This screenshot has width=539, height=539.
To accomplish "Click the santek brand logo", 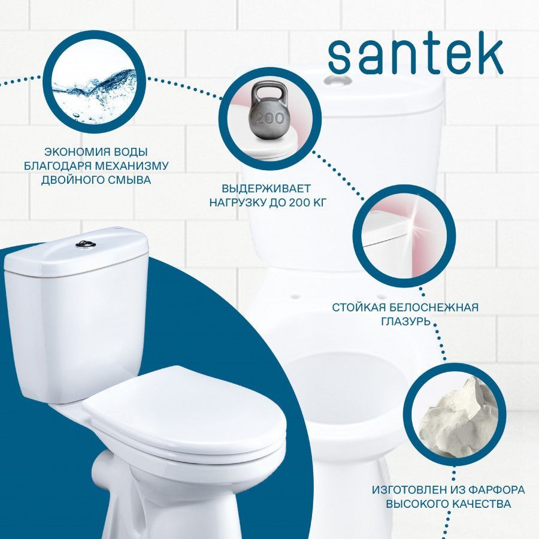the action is tap(416, 56).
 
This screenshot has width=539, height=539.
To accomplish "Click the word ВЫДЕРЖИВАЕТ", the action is tap(266, 189).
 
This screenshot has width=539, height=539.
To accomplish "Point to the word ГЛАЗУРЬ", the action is tap(405, 322).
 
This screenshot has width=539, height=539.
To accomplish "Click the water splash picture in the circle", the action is tap(95, 93).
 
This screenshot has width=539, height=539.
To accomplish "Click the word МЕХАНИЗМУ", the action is tap(132, 166).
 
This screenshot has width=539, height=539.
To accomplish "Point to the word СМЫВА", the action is tap(131, 180).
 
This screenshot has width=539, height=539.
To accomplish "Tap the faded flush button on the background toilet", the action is tap(338, 80).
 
